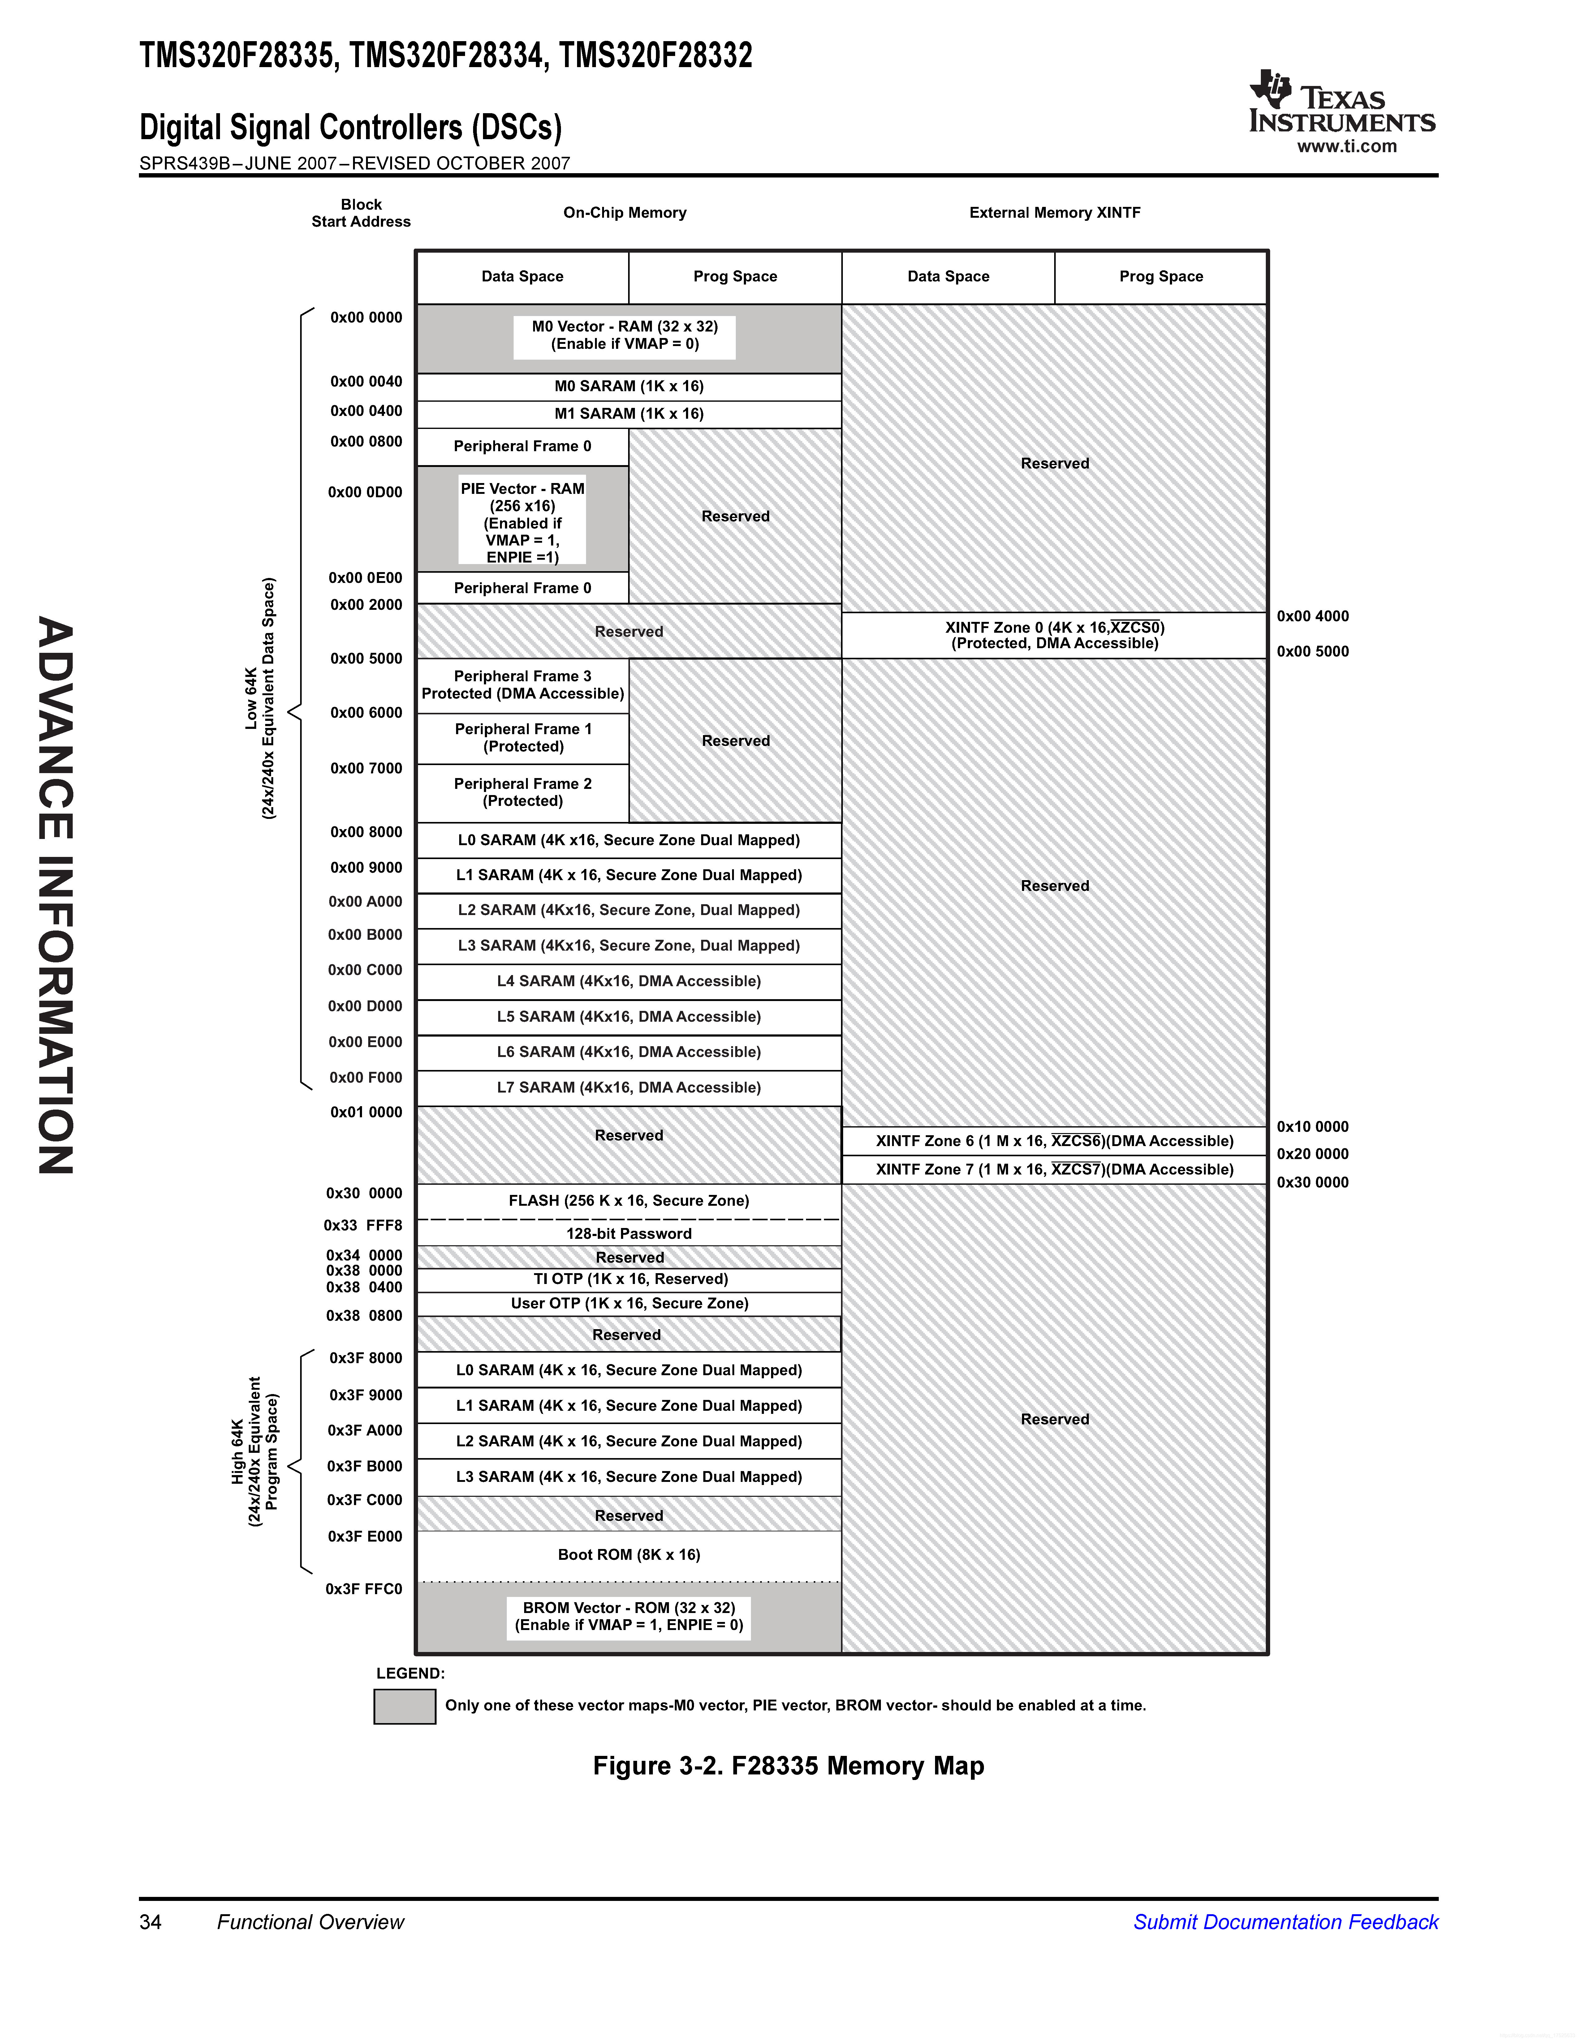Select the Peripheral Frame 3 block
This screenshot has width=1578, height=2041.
[523, 685]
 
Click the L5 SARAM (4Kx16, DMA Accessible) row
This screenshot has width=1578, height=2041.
[628, 1017]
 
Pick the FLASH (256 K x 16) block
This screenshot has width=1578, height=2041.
[628, 1201]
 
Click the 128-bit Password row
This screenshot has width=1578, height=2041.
[628, 1234]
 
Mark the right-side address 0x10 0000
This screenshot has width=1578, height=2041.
[1313, 1127]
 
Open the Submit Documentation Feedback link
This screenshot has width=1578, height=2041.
[1285, 1922]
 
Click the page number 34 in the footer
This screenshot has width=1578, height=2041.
[150, 1922]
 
